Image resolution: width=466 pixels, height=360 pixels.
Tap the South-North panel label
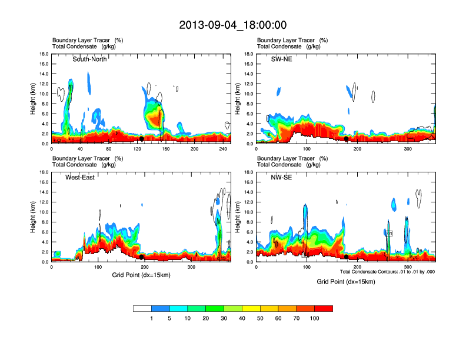click(x=90, y=59)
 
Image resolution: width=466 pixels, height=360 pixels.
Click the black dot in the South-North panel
click(x=142, y=139)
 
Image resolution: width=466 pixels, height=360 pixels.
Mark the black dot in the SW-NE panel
click(x=347, y=139)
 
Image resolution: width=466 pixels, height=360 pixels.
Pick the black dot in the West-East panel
click(x=142, y=257)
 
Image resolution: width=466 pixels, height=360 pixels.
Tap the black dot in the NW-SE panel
click(x=347, y=257)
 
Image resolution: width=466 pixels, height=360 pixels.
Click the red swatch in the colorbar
click(x=324, y=308)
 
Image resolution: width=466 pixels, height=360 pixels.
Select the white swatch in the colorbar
click(x=142, y=308)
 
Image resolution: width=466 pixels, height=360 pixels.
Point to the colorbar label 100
click(x=315, y=318)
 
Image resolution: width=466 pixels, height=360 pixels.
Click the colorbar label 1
click(x=152, y=318)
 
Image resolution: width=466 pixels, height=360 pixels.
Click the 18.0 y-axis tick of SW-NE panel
click(x=248, y=54)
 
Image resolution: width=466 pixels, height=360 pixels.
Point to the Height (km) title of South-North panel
click(x=33, y=99)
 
